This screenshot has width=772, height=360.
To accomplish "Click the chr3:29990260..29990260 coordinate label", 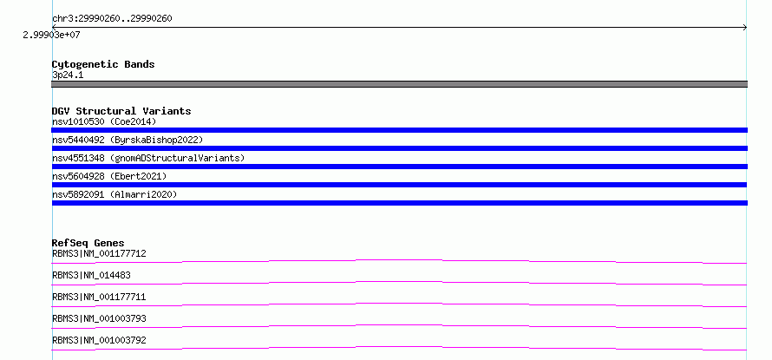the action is [x=112, y=19].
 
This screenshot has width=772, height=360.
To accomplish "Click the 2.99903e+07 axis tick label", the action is [x=52, y=36].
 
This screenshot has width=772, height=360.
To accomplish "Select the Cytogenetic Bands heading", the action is [x=103, y=64].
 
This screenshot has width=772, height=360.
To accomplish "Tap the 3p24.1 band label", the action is [x=68, y=75].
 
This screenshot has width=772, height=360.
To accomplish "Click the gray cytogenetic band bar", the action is [x=399, y=84].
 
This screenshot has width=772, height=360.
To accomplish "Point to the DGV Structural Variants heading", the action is [x=121, y=111].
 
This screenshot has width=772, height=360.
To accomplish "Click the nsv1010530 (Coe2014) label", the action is [x=104, y=121].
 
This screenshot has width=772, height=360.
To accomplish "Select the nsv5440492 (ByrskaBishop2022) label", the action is [x=128, y=140].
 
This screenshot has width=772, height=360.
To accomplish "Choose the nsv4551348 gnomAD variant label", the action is [x=148, y=158].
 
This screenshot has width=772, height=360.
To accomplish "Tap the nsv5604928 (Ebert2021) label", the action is [x=109, y=176].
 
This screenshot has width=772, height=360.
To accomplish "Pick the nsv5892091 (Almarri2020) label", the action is [x=114, y=194].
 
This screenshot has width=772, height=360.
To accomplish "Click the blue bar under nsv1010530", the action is [x=399, y=130].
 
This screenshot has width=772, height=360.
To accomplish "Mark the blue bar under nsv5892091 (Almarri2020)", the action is [x=399, y=203].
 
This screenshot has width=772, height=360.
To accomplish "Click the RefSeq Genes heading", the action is [x=88, y=243].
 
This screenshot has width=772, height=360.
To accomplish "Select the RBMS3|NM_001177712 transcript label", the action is [x=99, y=253].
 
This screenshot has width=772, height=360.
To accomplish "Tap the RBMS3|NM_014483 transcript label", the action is [x=91, y=275].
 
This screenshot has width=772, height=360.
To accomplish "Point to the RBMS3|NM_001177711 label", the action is [x=99, y=297].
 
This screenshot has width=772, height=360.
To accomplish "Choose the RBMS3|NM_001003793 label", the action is [x=99, y=318].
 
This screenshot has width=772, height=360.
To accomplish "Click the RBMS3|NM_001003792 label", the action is [x=99, y=340].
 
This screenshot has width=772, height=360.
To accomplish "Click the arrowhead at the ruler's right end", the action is [x=745, y=28].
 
